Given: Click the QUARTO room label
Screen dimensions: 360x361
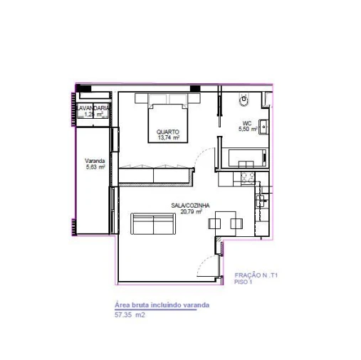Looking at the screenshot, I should [168, 132].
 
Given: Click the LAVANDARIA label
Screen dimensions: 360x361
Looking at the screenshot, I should [93, 108].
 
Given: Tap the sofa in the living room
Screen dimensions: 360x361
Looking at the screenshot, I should [155, 225].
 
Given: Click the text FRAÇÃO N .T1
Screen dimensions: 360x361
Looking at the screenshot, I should [256, 274].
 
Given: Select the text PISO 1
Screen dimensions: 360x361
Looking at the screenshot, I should [244, 281].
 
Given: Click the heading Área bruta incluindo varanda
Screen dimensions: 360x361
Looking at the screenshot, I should [162, 305].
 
